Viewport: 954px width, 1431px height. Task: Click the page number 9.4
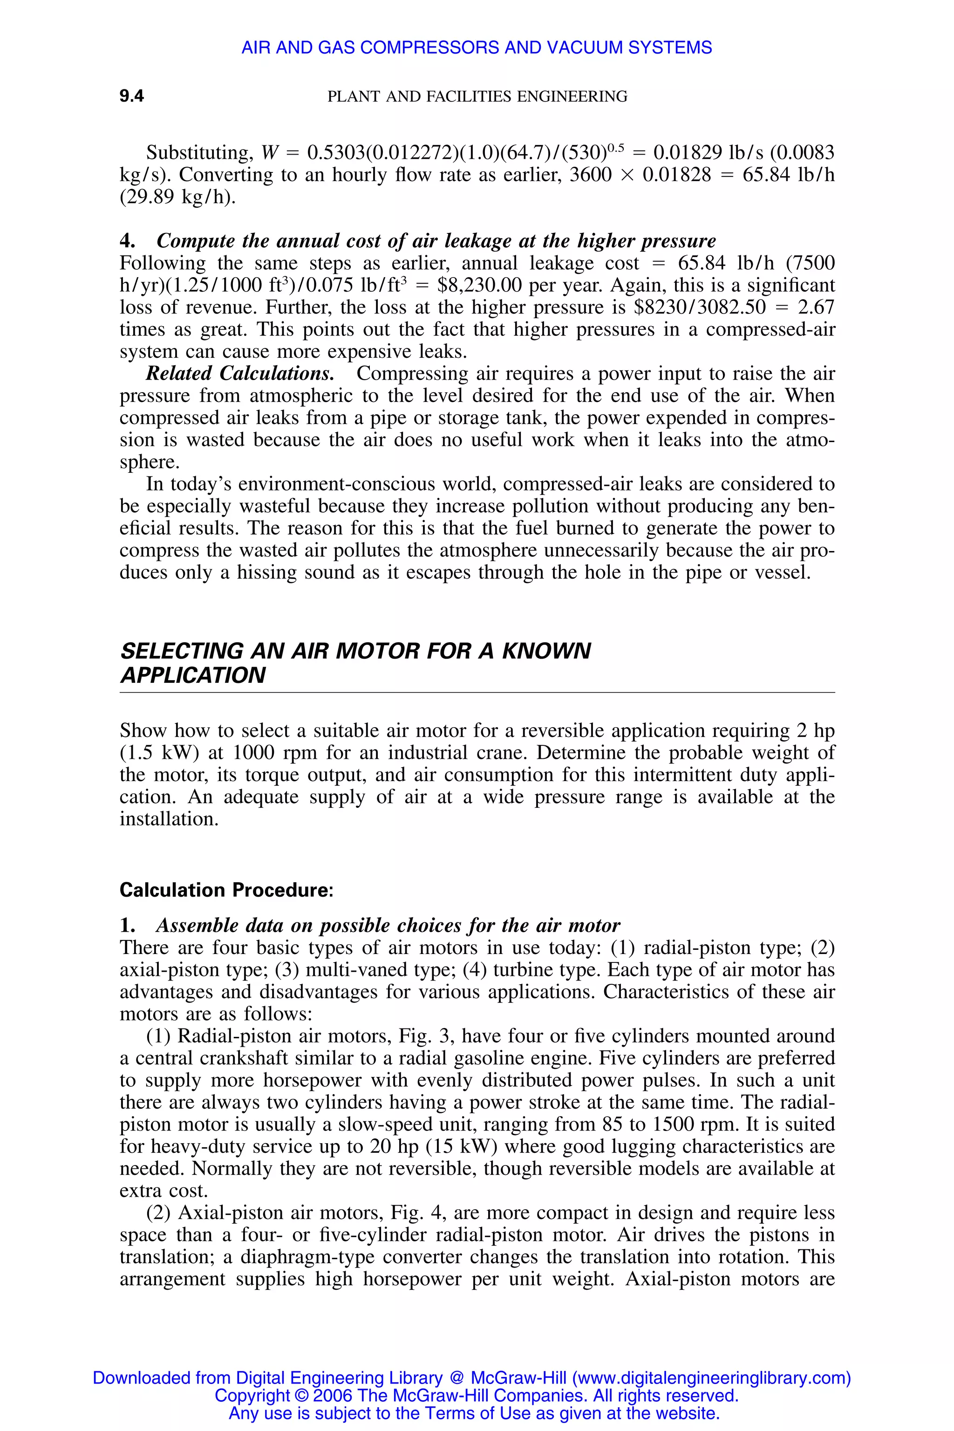131,96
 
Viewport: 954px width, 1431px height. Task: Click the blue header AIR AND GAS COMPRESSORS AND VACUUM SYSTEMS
477,48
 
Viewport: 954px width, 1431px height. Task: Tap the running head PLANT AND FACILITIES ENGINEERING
477,96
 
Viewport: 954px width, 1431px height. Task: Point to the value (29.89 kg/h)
177,197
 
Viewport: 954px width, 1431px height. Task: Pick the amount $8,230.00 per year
521,286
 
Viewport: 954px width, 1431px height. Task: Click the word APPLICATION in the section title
193,675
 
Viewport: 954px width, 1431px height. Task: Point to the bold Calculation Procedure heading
226,890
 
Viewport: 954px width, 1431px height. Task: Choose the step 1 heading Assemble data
388,926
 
